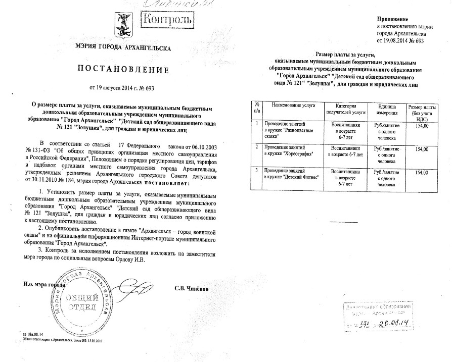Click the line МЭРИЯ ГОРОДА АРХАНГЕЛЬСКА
coord(122,48)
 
